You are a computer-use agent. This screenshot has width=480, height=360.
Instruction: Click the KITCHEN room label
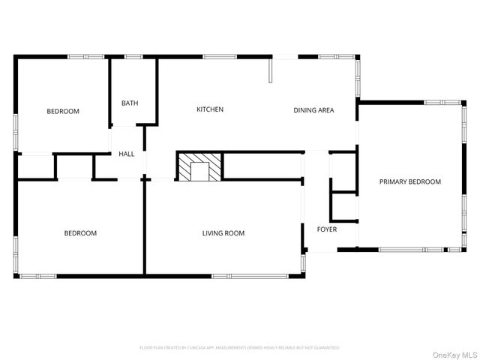(210, 109)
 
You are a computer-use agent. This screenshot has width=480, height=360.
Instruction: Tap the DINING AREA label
(313, 110)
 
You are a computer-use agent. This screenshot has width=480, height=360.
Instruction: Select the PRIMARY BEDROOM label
(409, 181)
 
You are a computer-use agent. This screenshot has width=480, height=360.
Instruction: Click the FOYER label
(327, 229)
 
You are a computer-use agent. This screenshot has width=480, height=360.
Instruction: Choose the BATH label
(130, 103)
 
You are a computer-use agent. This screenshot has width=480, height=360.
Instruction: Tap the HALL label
(127, 154)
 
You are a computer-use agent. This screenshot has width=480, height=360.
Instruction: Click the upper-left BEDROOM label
(63, 112)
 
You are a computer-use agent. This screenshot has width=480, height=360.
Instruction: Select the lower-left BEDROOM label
(79, 233)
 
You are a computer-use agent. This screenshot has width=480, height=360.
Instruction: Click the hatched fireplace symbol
(199, 166)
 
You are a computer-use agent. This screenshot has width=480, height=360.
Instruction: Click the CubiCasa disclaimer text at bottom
(239, 348)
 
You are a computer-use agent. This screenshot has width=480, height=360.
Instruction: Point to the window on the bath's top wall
(133, 56)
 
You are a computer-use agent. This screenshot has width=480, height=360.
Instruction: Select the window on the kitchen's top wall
(220, 56)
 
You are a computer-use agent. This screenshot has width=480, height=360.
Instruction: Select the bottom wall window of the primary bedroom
(411, 249)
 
